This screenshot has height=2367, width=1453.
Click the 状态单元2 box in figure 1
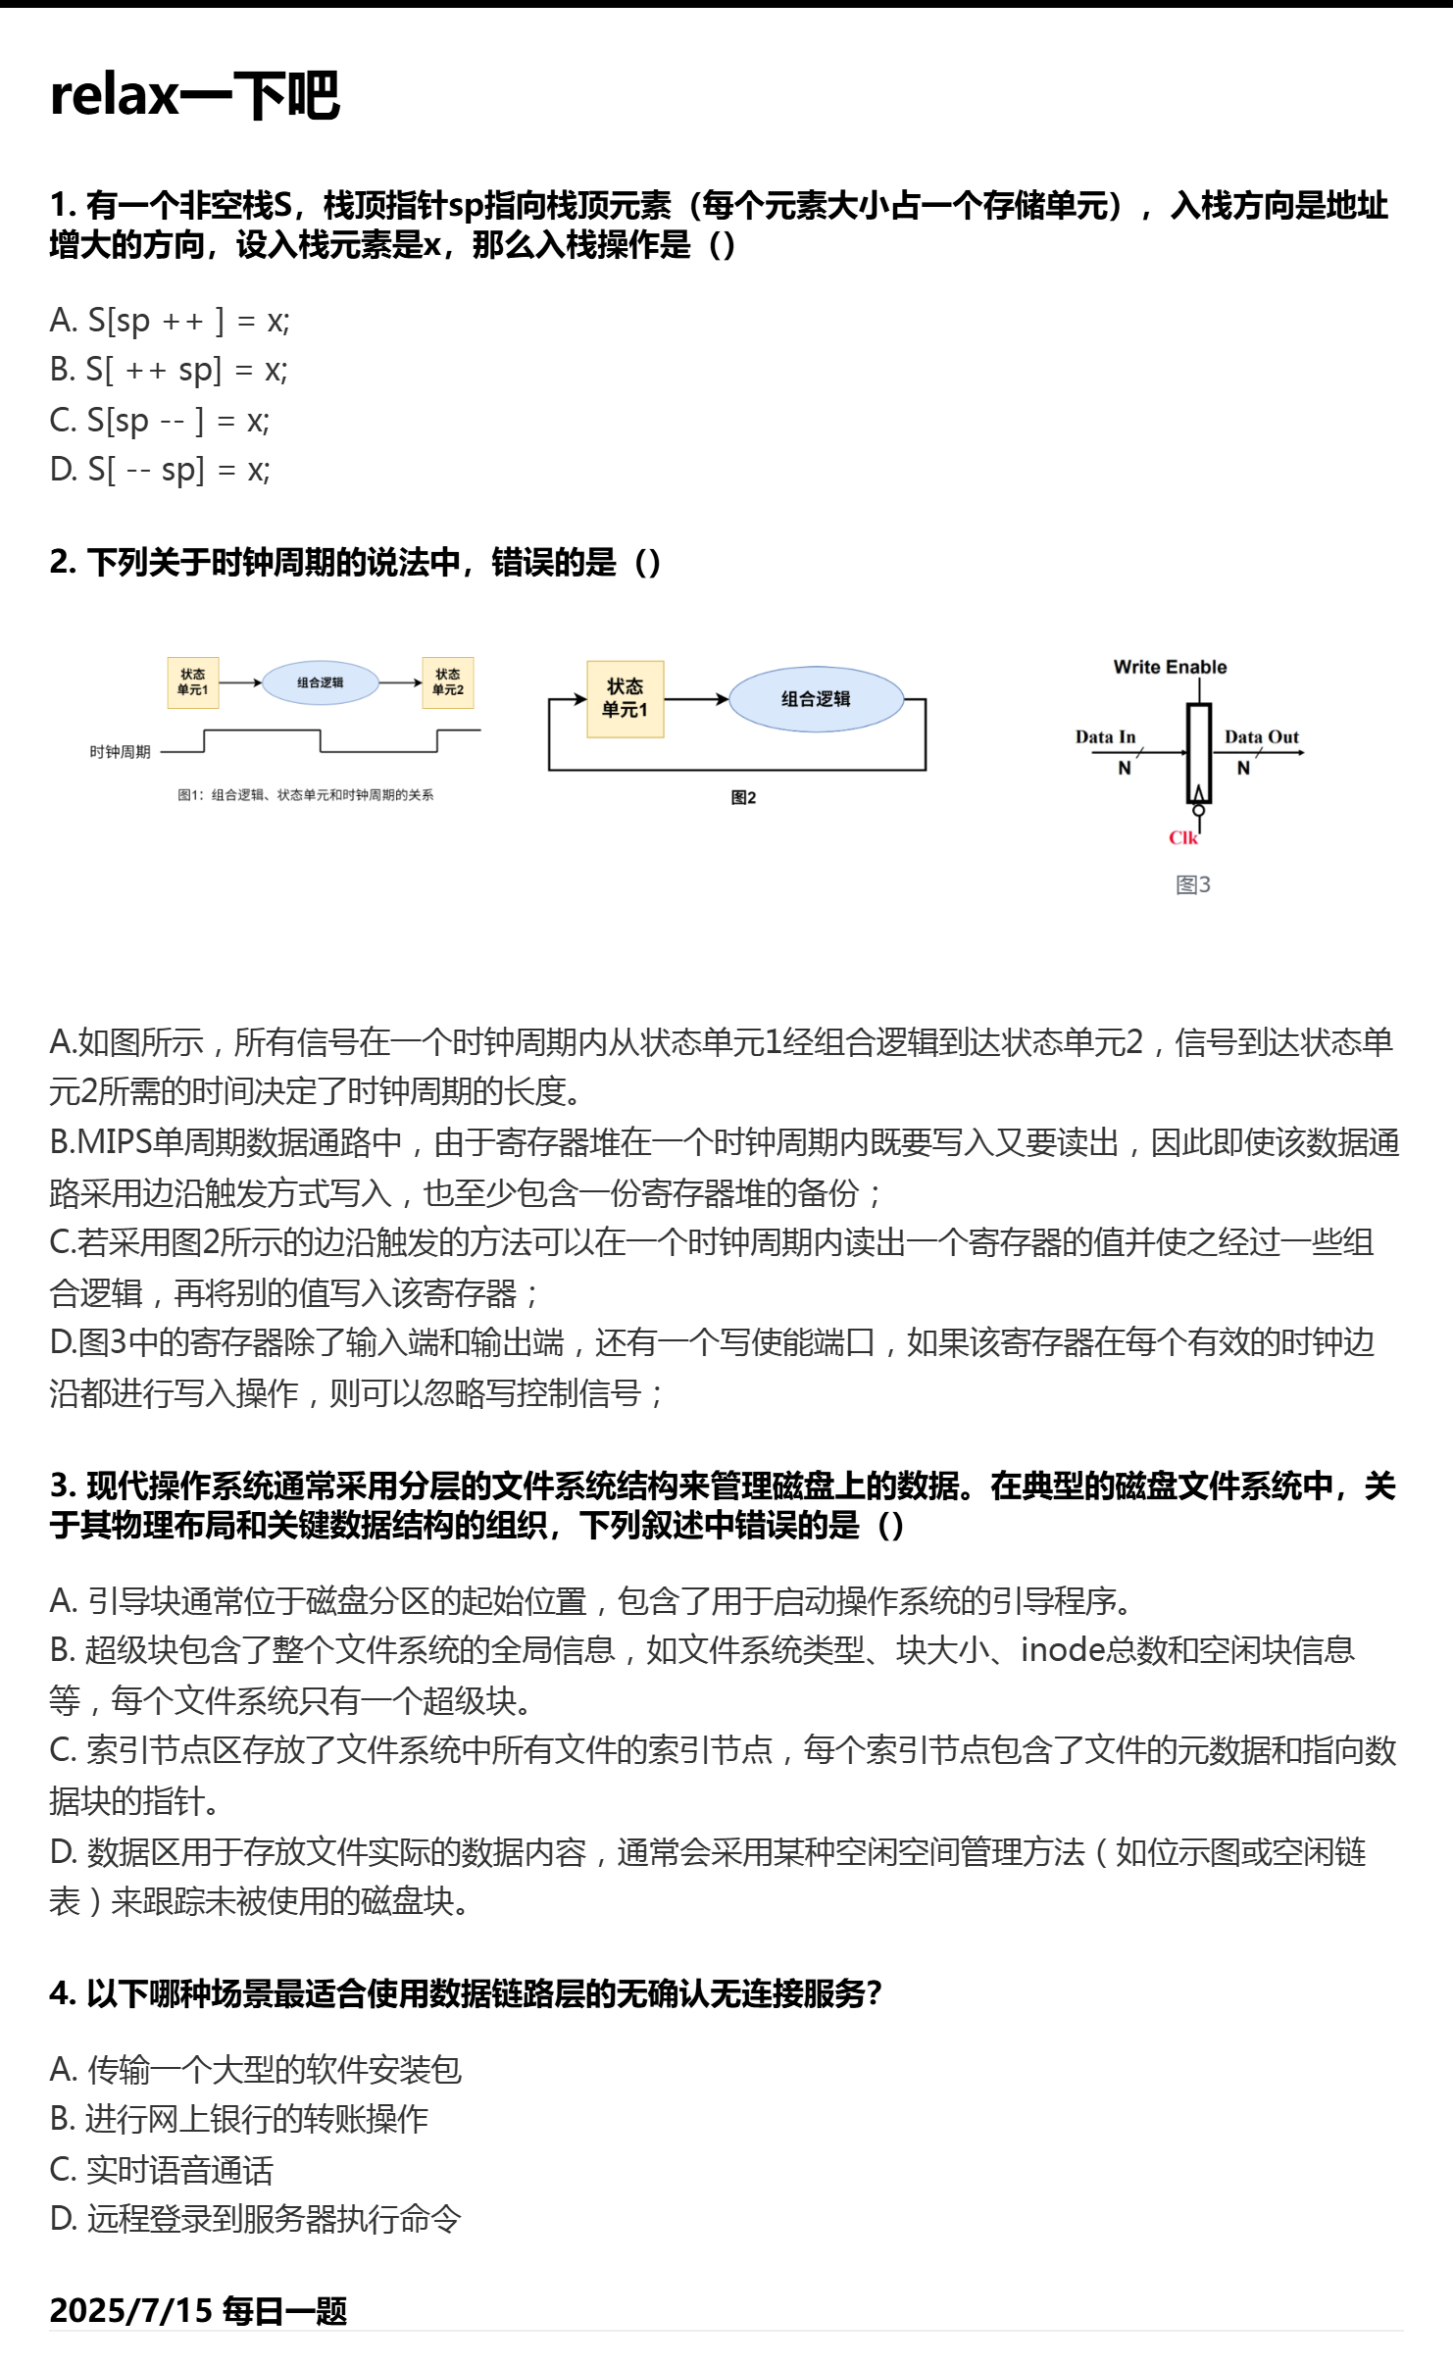(448, 682)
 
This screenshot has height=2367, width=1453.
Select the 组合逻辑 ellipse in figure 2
(816, 699)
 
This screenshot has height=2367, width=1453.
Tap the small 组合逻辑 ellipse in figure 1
(321, 682)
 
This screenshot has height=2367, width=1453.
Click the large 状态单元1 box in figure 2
(625, 698)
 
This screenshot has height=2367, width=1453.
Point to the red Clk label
(1182, 837)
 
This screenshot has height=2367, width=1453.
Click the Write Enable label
(1170, 667)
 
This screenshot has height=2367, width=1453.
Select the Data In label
(1105, 736)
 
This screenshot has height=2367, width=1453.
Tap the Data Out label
(1261, 736)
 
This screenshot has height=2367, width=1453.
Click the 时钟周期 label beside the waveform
(120, 752)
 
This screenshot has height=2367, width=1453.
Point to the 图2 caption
(743, 797)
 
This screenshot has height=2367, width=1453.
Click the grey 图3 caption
(1192, 884)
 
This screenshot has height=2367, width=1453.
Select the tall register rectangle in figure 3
(1198, 753)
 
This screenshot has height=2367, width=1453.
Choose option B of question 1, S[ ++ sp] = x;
(169, 370)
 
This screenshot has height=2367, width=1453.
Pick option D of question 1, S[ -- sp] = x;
(160, 470)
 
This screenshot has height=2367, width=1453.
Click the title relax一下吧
(195, 95)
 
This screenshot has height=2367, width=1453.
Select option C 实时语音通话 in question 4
(162, 2170)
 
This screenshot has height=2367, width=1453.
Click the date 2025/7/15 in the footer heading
(130, 2310)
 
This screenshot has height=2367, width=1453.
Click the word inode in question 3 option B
(1063, 1650)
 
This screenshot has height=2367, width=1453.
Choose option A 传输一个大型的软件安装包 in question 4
(255, 2069)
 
